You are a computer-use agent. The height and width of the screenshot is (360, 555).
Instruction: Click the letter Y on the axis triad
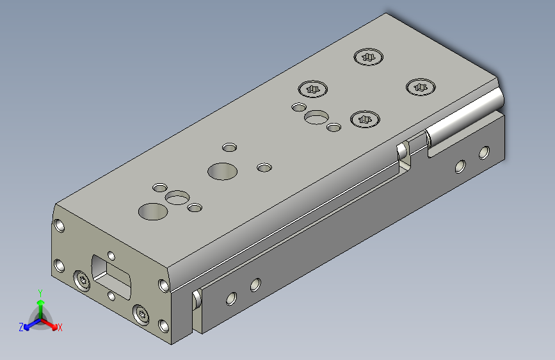tap(40, 293)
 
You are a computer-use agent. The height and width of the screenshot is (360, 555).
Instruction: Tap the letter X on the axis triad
tap(60, 327)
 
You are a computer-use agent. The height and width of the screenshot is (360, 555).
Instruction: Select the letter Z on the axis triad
tap(21, 327)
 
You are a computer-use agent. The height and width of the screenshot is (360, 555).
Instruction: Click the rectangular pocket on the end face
tap(111, 275)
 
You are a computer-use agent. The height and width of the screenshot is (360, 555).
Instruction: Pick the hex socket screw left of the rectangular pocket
tap(82, 281)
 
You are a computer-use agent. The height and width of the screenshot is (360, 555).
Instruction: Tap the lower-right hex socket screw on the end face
tap(141, 315)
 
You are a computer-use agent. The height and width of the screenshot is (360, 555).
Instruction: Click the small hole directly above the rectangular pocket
tap(111, 256)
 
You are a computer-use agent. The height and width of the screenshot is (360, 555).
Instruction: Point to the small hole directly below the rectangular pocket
tap(111, 295)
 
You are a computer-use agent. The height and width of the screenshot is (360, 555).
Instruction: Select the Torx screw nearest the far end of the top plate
tap(369, 57)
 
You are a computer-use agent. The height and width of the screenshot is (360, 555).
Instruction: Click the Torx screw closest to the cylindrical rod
tap(421, 87)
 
